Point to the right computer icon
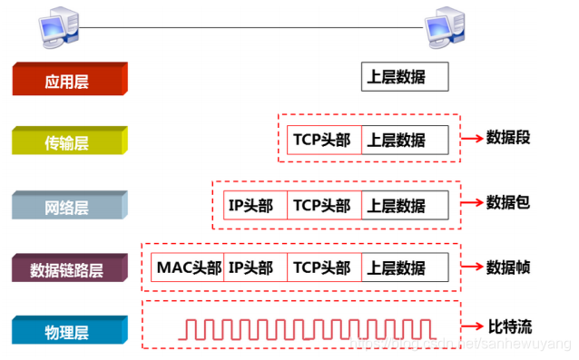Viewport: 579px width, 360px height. click(446, 27)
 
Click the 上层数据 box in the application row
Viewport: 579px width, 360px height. click(405, 78)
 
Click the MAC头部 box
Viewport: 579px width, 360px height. click(188, 268)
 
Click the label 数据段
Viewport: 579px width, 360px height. click(508, 138)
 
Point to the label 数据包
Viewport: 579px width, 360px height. click(508, 202)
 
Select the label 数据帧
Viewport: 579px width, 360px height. click(508, 268)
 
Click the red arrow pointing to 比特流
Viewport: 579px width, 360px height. click(472, 326)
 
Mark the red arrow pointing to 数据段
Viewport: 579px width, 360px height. click(472, 139)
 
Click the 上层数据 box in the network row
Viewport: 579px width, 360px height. click(405, 205)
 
